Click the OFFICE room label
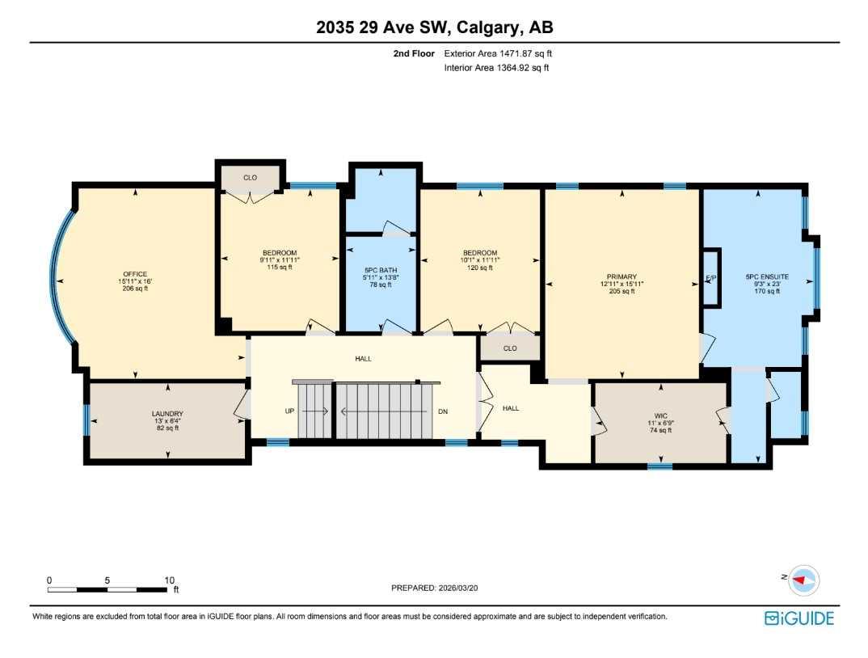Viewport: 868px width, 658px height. click(x=135, y=273)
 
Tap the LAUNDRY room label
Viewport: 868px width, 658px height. click(x=167, y=414)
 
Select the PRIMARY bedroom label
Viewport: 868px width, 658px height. click(x=622, y=276)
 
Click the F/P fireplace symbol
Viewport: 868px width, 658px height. click(x=711, y=278)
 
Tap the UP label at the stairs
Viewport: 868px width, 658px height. click(x=289, y=411)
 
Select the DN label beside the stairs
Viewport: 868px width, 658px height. click(x=443, y=411)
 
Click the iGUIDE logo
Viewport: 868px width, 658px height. click(x=799, y=618)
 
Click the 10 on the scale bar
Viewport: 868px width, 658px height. click(x=170, y=580)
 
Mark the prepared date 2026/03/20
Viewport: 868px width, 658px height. click(x=462, y=589)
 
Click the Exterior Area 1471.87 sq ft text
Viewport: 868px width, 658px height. click(x=498, y=53)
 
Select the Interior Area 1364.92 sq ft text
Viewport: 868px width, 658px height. click(x=496, y=68)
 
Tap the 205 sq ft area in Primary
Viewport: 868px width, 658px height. click(x=622, y=291)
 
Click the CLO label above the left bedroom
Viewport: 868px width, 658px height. click(x=251, y=177)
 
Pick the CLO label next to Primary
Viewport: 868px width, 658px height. click(x=510, y=348)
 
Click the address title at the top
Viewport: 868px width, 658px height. click(x=434, y=27)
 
